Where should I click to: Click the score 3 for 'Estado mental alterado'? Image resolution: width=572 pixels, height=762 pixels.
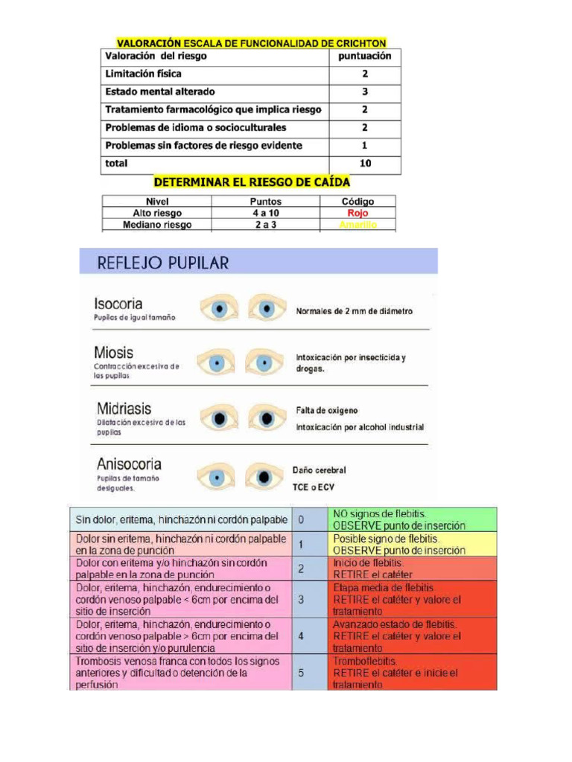(x=365, y=92)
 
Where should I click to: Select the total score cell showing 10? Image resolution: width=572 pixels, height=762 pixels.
(x=365, y=164)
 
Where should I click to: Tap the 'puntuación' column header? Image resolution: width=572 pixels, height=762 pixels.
(x=365, y=57)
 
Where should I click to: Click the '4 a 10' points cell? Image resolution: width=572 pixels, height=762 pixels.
(x=265, y=213)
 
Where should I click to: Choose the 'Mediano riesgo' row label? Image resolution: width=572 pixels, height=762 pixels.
(x=157, y=224)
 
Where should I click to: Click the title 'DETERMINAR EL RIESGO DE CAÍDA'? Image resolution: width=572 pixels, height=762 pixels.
(x=251, y=182)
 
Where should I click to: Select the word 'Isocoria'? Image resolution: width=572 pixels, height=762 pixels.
(x=118, y=304)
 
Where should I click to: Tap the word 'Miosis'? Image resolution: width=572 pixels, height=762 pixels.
(x=114, y=351)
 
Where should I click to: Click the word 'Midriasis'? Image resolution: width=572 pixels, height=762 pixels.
(x=124, y=409)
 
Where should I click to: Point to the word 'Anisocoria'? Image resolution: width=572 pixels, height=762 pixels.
(x=129, y=464)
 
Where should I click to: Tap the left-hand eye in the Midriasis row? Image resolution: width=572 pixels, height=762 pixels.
(x=217, y=418)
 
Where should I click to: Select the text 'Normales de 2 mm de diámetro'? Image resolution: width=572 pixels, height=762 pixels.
(x=354, y=311)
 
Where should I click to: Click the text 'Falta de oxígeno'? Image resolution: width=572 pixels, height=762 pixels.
(x=327, y=411)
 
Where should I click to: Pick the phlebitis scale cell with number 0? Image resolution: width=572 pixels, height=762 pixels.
(x=301, y=519)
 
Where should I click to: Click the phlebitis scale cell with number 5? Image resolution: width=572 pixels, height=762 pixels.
(x=301, y=672)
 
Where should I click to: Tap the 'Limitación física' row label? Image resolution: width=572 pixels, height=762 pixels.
(x=144, y=74)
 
